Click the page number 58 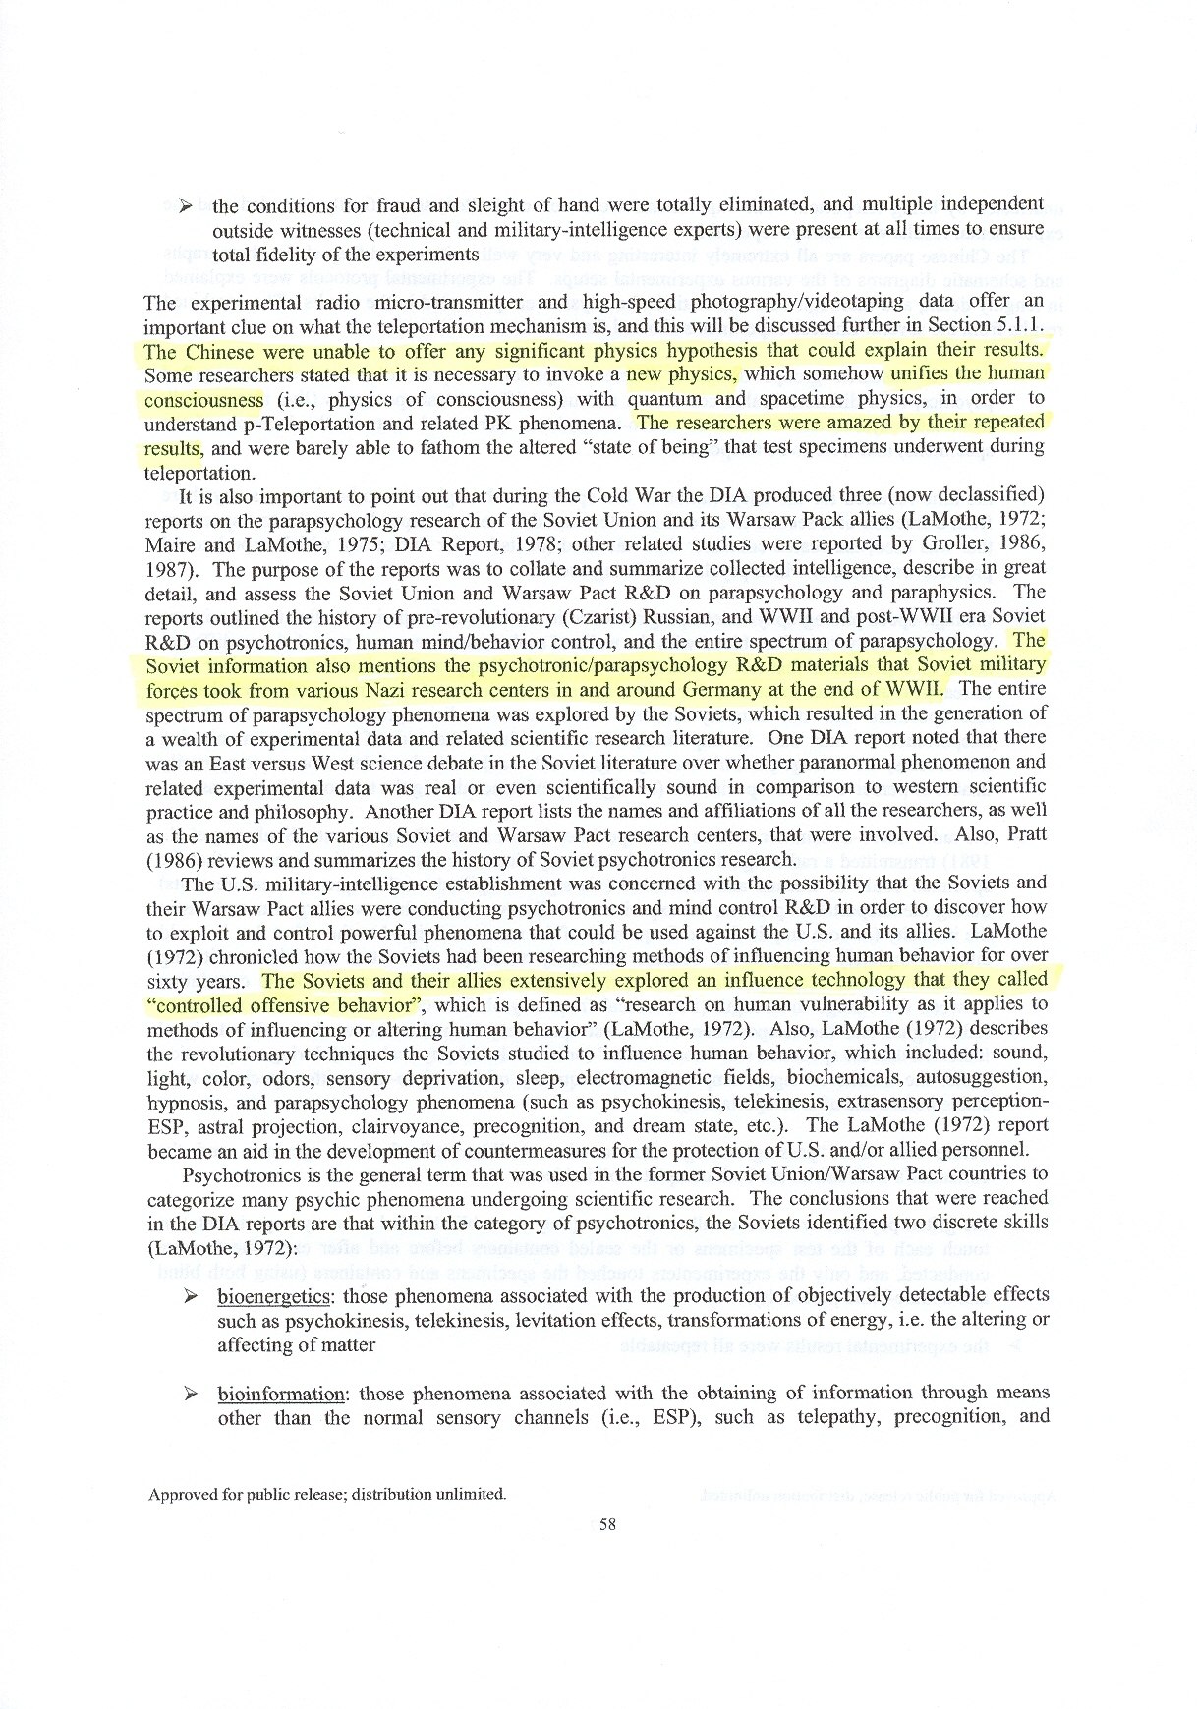coord(606,1524)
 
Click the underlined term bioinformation coord(280,1394)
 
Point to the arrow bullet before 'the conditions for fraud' coord(181,204)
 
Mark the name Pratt coord(1022,834)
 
